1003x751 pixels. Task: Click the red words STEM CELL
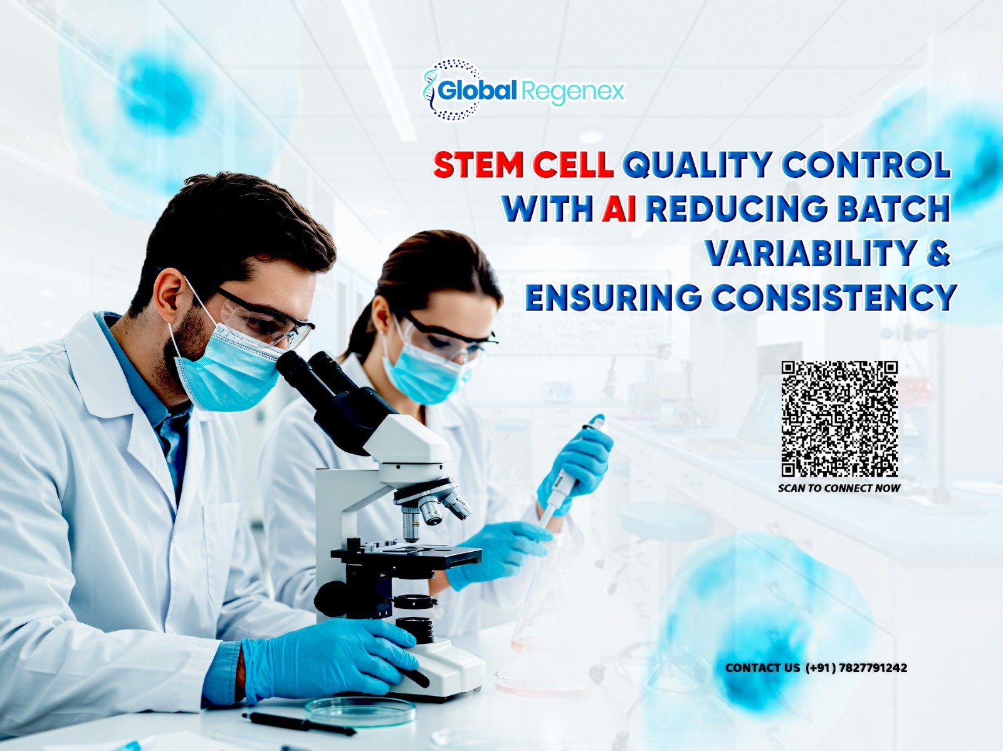tap(523, 166)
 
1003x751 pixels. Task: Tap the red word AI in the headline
tap(619, 209)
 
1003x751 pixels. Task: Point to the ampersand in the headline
tap(937, 253)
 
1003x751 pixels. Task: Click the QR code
tap(839, 418)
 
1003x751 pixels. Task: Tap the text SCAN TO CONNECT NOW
tap(839, 488)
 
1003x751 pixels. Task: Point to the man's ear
tap(168, 294)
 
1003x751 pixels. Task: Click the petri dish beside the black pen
tap(360, 710)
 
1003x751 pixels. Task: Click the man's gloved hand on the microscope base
tap(326, 658)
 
